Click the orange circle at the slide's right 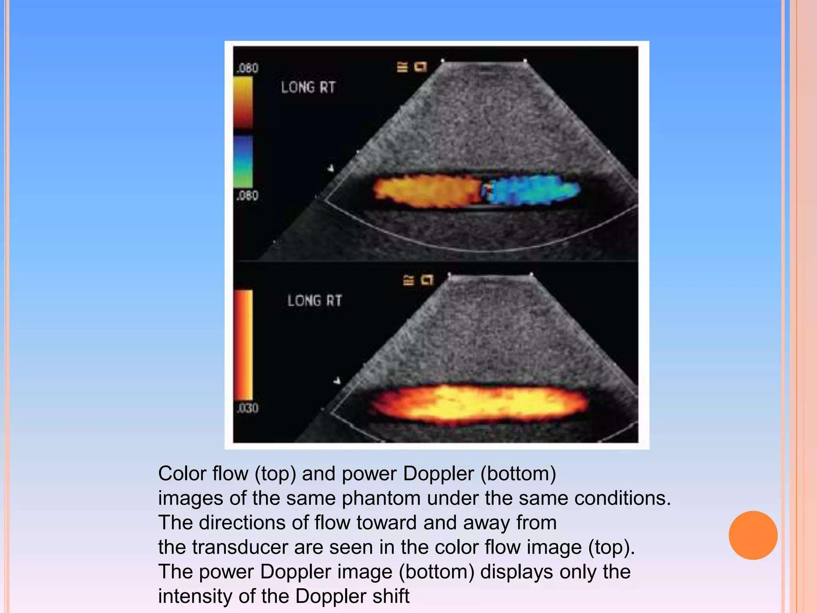pos(753,535)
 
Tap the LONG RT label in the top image pos(308,87)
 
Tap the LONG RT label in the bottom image pos(314,301)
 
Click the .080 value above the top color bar pos(247,68)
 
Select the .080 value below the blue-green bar pos(247,196)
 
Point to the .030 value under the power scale pos(247,408)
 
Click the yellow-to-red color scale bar pos(243,102)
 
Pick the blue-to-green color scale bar pos(243,161)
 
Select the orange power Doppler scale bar pos(243,345)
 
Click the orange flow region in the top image pos(427,191)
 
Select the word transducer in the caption pos(240,547)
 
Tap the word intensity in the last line pos(195,596)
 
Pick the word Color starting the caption pos(182,474)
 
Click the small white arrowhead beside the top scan pos(331,168)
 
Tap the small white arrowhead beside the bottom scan pos(337,381)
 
